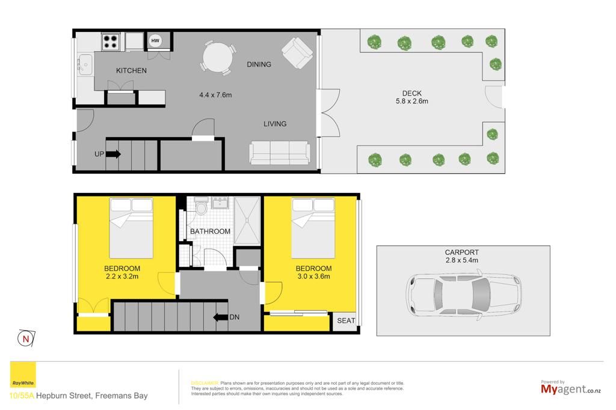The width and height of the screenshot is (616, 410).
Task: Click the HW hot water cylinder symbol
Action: [x=155, y=40]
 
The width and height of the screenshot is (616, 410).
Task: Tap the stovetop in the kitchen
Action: [x=111, y=41]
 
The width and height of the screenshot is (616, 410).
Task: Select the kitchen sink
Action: [x=85, y=64]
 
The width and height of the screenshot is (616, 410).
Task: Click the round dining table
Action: [x=217, y=57]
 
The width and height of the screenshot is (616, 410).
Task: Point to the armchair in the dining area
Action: [x=297, y=53]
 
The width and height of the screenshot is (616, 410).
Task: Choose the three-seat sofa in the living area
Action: [x=280, y=153]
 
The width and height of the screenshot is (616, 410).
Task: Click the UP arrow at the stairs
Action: [x=113, y=154]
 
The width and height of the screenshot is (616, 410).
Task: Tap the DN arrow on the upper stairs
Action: [x=220, y=317]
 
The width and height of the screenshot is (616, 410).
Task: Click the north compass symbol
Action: [x=26, y=338]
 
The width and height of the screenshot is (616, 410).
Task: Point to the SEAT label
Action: [x=346, y=320]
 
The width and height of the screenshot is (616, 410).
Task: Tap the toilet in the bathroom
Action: [x=202, y=207]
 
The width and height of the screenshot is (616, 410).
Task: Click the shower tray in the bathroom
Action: [x=247, y=221]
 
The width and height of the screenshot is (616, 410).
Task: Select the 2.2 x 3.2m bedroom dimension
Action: [x=122, y=276]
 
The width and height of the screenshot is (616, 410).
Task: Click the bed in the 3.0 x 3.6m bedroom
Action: [x=313, y=228]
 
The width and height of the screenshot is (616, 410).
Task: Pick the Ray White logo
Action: [x=23, y=375]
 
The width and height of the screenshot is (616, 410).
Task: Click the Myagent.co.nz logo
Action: [x=571, y=388]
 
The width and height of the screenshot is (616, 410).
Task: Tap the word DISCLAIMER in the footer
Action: [x=205, y=383]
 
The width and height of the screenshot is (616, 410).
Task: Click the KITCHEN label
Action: [x=131, y=71]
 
